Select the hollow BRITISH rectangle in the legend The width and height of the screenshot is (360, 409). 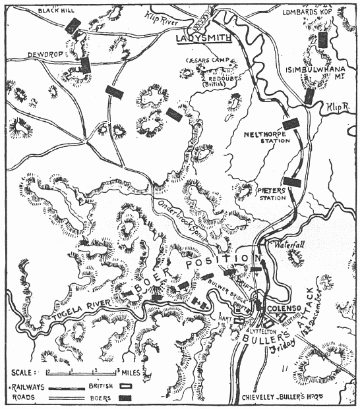(125, 385)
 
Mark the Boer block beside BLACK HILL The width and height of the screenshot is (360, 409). (73, 25)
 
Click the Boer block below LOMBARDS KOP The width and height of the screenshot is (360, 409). (322, 39)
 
